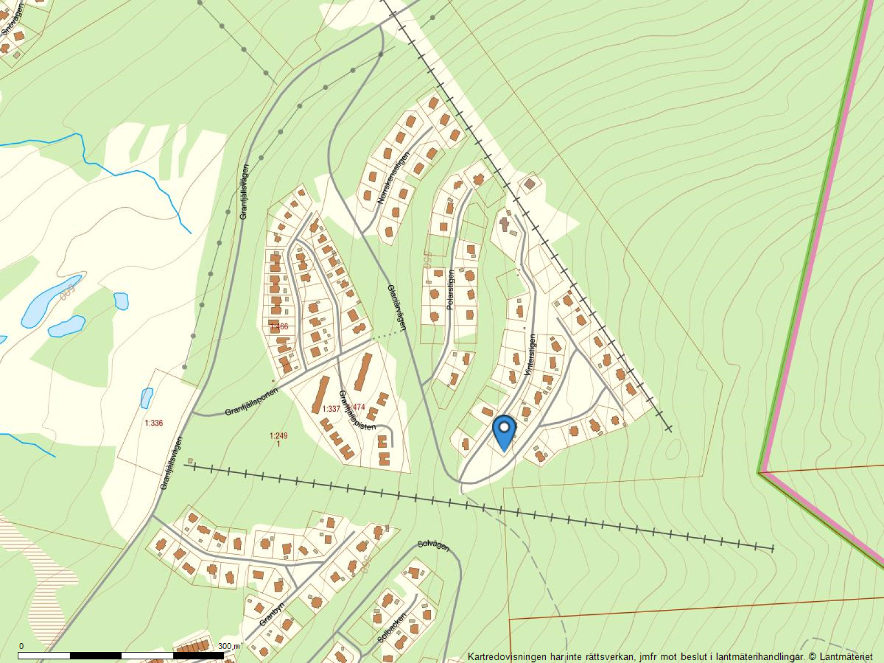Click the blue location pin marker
[x=504, y=431]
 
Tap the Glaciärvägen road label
[x=397, y=307]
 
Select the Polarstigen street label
[x=451, y=289]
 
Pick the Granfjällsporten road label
[x=251, y=401]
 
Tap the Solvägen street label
[x=434, y=544]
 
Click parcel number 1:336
[x=154, y=424]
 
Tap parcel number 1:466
[x=279, y=327]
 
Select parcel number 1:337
[x=331, y=409]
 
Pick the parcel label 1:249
[x=278, y=436]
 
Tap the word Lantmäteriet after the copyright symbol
[x=845, y=657]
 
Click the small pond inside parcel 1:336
[x=146, y=398]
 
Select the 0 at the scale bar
[x=21, y=646]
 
